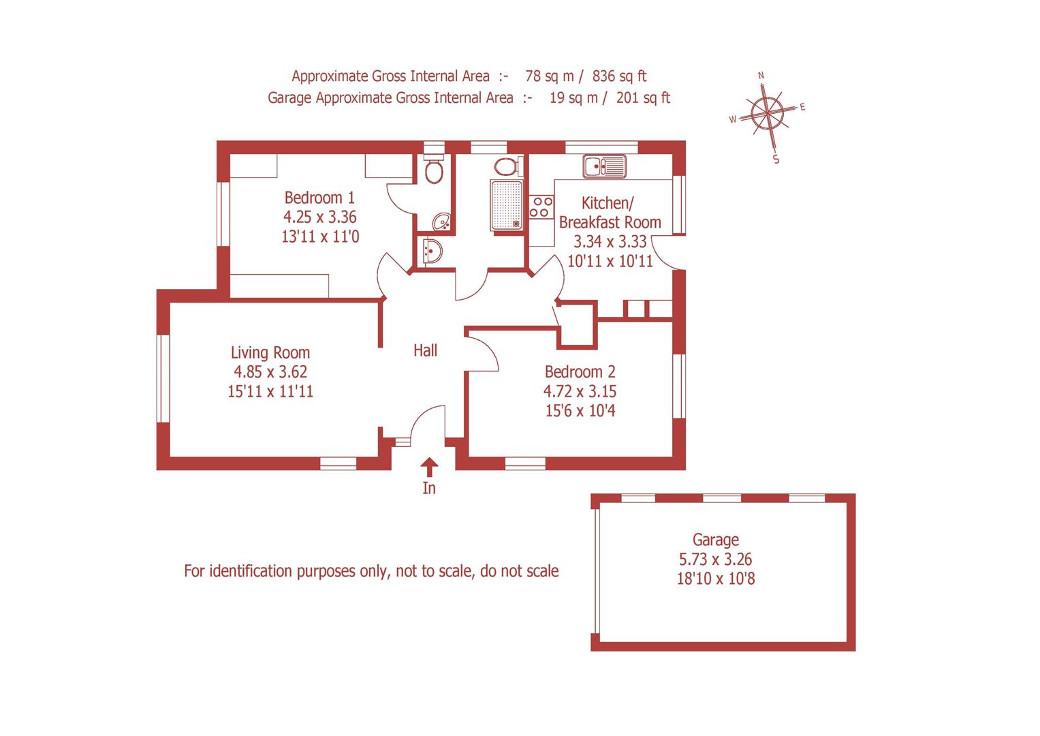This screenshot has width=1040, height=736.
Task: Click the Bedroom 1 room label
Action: point(319,198)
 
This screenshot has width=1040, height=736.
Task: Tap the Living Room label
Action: point(270,352)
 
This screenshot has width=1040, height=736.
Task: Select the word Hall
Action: point(425,350)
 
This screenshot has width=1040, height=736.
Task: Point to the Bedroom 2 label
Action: point(580,372)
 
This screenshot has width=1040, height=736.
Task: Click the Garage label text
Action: point(715,540)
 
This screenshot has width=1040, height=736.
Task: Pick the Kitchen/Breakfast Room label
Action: point(610,213)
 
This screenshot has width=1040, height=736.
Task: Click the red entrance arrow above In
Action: point(429,467)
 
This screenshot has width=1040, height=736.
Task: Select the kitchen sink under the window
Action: point(604,166)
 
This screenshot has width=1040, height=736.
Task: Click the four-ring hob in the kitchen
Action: point(541,206)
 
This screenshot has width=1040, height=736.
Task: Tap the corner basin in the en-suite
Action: point(442,221)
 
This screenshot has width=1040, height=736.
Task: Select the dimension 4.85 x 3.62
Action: point(270,372)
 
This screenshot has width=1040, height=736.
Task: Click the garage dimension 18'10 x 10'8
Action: point(715,579)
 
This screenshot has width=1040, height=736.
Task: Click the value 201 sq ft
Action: point(643,97)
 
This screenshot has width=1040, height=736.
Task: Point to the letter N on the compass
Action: point(761,75)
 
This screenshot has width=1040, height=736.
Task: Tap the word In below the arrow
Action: point(429,488)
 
